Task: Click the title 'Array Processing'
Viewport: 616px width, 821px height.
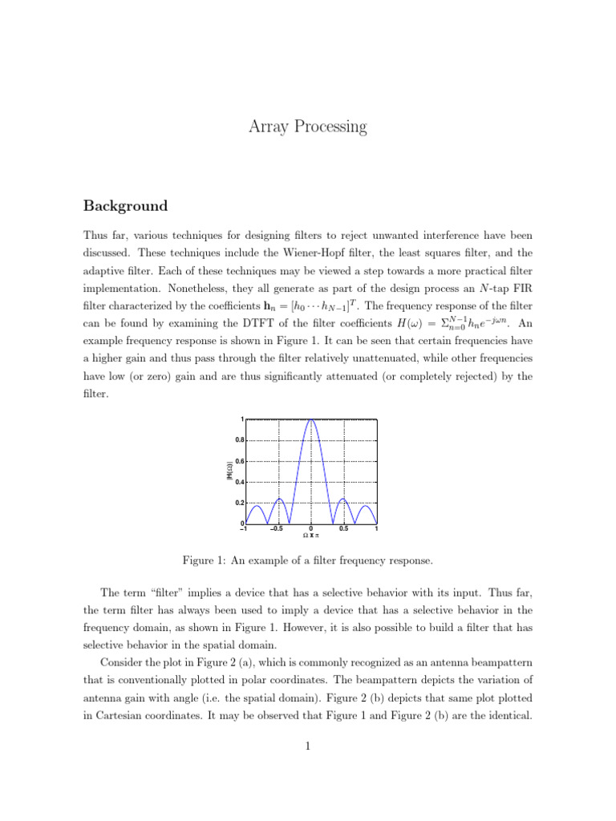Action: click(308, 126)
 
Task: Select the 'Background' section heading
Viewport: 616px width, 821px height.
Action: click(125, 206)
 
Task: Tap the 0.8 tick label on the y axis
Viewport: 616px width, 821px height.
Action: click(239, 440)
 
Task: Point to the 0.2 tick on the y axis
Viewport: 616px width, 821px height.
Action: click(239, 503)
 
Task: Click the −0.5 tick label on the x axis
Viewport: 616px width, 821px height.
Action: click(277, 529)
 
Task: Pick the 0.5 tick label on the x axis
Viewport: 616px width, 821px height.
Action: click(343, 529)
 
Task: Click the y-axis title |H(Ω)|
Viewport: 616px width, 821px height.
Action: click(229, 471)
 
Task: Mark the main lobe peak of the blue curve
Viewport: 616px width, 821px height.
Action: click(310, 419)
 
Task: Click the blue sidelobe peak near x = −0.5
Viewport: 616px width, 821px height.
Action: click(279, 499)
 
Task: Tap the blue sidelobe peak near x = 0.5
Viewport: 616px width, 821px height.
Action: click(342, 499)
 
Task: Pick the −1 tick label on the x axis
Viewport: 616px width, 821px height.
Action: click(243, 529)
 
